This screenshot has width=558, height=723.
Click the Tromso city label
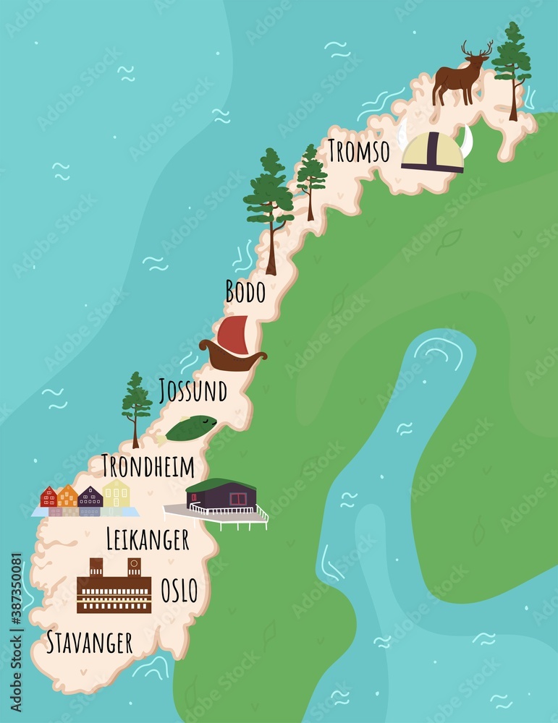(x=358, y=151)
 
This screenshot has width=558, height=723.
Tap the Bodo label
(x=245, y=291)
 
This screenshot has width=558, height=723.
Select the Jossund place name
(x=193, y=390)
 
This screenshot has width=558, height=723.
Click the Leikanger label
(x=147, y=539)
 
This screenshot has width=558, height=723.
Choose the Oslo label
(x=179, y=591)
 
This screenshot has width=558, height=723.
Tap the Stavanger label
(x=89, y=642)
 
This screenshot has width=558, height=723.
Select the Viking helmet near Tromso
(x=434, y=153)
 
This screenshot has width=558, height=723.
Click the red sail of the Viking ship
(x=232, y=333)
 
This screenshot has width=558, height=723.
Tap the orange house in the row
(x=67, y=496)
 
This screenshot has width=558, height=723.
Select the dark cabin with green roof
(x=221, y=495)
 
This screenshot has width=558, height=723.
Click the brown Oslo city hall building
(x=114, y=586)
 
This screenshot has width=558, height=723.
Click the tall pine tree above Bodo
(x=270, y=206)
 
